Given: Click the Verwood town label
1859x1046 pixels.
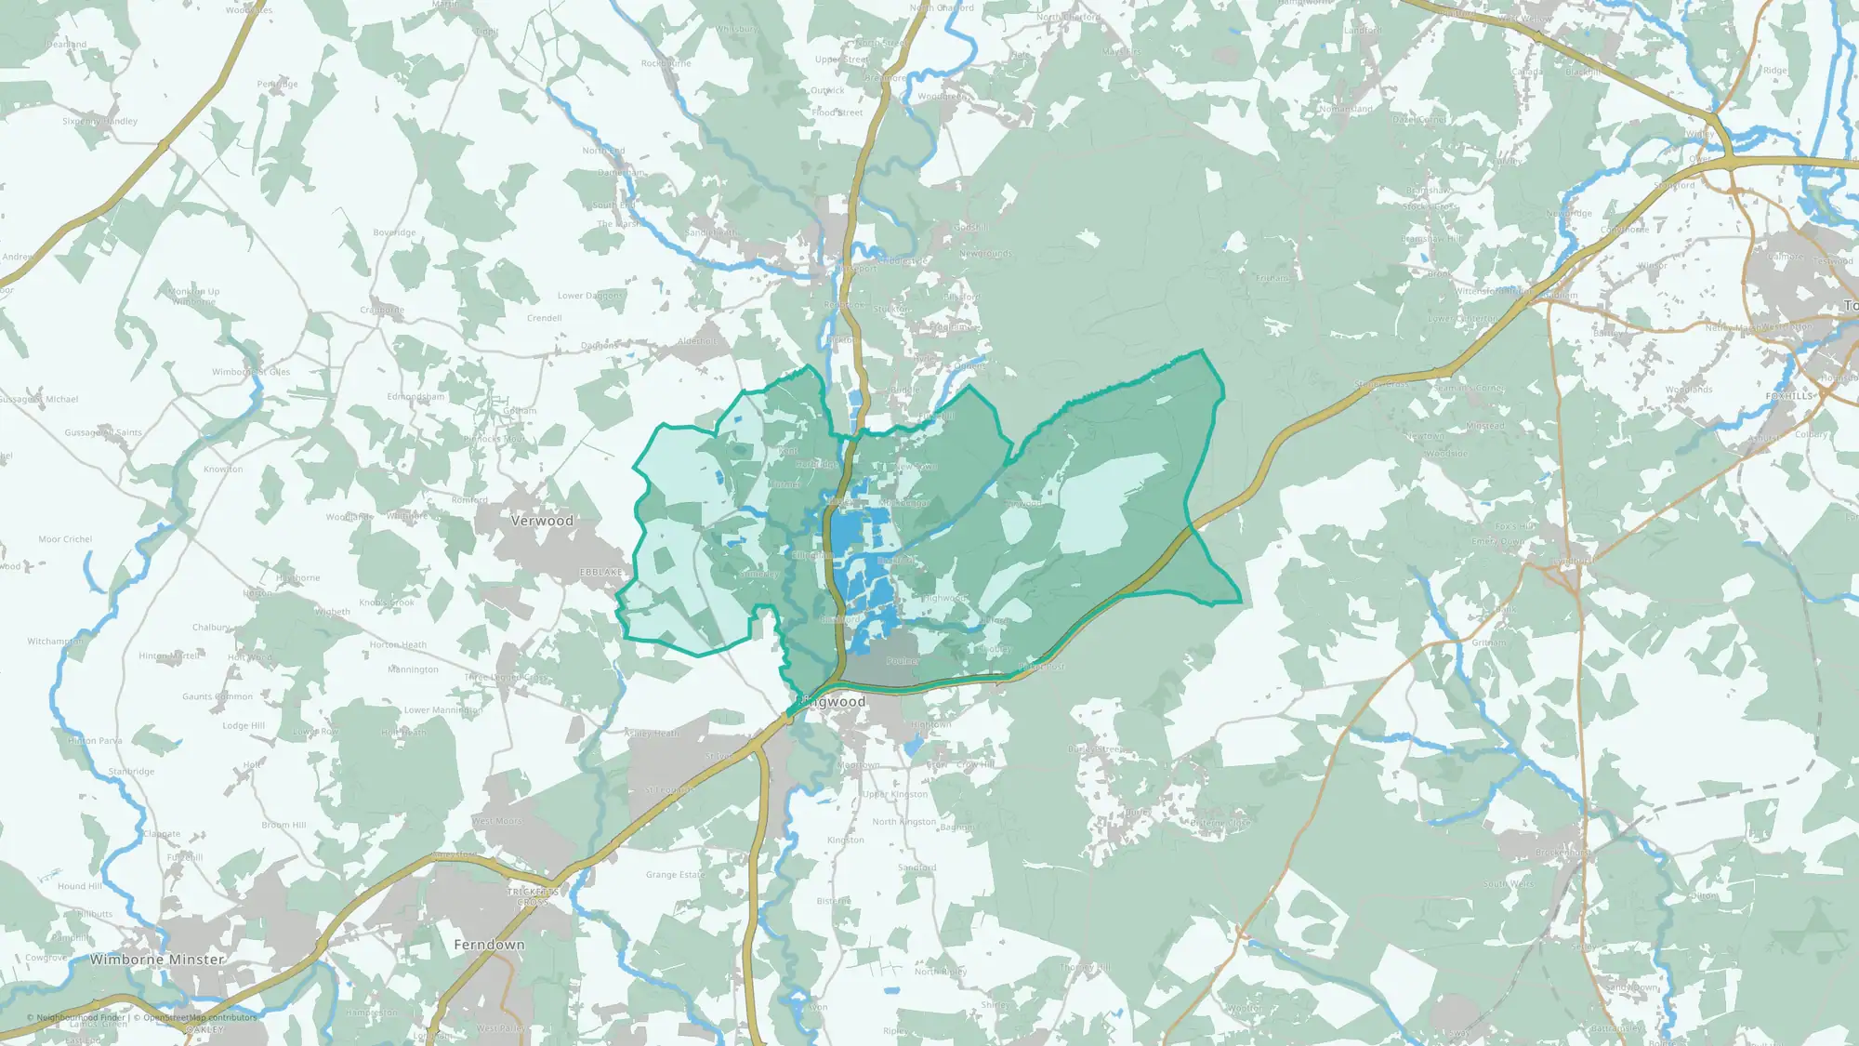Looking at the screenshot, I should pos(542,521).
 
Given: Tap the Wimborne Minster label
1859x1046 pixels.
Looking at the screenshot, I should pos(157,960).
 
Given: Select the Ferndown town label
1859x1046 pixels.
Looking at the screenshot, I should pos(489,945).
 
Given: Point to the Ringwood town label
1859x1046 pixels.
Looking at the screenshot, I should pos(836,702).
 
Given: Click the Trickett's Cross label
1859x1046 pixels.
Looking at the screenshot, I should pos(533,897).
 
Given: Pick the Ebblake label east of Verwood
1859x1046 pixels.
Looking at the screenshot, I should pos(601,572).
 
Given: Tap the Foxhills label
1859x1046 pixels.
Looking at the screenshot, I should pos(1789,396).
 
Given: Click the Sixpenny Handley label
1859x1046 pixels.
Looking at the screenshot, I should pos(99,122).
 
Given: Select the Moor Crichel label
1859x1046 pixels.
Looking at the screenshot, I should pos(65,539).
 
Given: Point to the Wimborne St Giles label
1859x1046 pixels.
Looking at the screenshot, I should pos(251,372).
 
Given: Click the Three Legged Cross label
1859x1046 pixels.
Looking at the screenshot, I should pos(507,678).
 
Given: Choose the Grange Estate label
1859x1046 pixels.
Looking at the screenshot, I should pos(676,875).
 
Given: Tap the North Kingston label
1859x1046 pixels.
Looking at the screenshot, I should pos(903,822).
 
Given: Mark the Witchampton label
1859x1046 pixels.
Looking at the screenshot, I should pos(55,642).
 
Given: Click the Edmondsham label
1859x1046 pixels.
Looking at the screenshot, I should pos(415,397).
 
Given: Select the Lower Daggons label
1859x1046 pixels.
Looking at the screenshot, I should pos(590,296).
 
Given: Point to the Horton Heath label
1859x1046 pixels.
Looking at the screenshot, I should pos(398,644).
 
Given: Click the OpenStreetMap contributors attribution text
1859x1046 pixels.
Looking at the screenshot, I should pos(194,1017).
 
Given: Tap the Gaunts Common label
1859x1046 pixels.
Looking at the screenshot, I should pos(218,696).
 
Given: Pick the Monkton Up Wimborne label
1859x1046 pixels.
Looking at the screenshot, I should pos(194,297).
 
